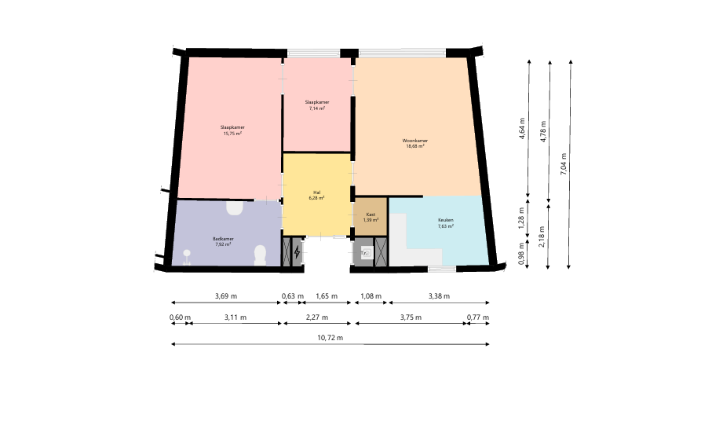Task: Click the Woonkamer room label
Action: pyautogui.click(x=415, y=143)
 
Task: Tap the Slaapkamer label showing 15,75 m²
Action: pyautogui.click(x=232, y=130)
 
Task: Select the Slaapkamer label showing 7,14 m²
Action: pyautogui.click(x=317, y=105)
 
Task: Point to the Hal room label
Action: pyautogui.click(x=316, y=195)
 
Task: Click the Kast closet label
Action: pyautogui.click(x=371, y=217)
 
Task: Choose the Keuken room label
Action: pyautogui.click(x=446, y=223)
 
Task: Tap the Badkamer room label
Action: pyautogui.click(x=223, y=241)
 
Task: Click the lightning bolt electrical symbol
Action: pyautogui.click(x=298, y=253)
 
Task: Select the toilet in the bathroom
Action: pyautogui.click(x=260, y=255)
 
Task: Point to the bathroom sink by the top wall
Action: pyautogui.click(x=234, y=208)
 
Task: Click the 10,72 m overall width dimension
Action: pyautogui.click(x=330, y=338)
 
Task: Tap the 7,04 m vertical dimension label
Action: pyautogui.click(x=564, y=163)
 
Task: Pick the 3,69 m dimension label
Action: pyautogui.click(x=226, y=295)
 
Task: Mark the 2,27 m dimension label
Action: pyautogui.click(x=317, y=317)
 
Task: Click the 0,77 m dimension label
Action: pyautogui.click(x=478, y=317)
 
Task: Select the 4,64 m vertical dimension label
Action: pyautogui.click(x=522, y=128)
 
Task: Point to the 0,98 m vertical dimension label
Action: pyautogui.click(x=521, y=254)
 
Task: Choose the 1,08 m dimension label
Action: pyautogui.click(x=371, y=295)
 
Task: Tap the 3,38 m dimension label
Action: pyautogui.click(x=439, y=295)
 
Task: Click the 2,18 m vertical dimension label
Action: pyautogui.click(x=542, y=237)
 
